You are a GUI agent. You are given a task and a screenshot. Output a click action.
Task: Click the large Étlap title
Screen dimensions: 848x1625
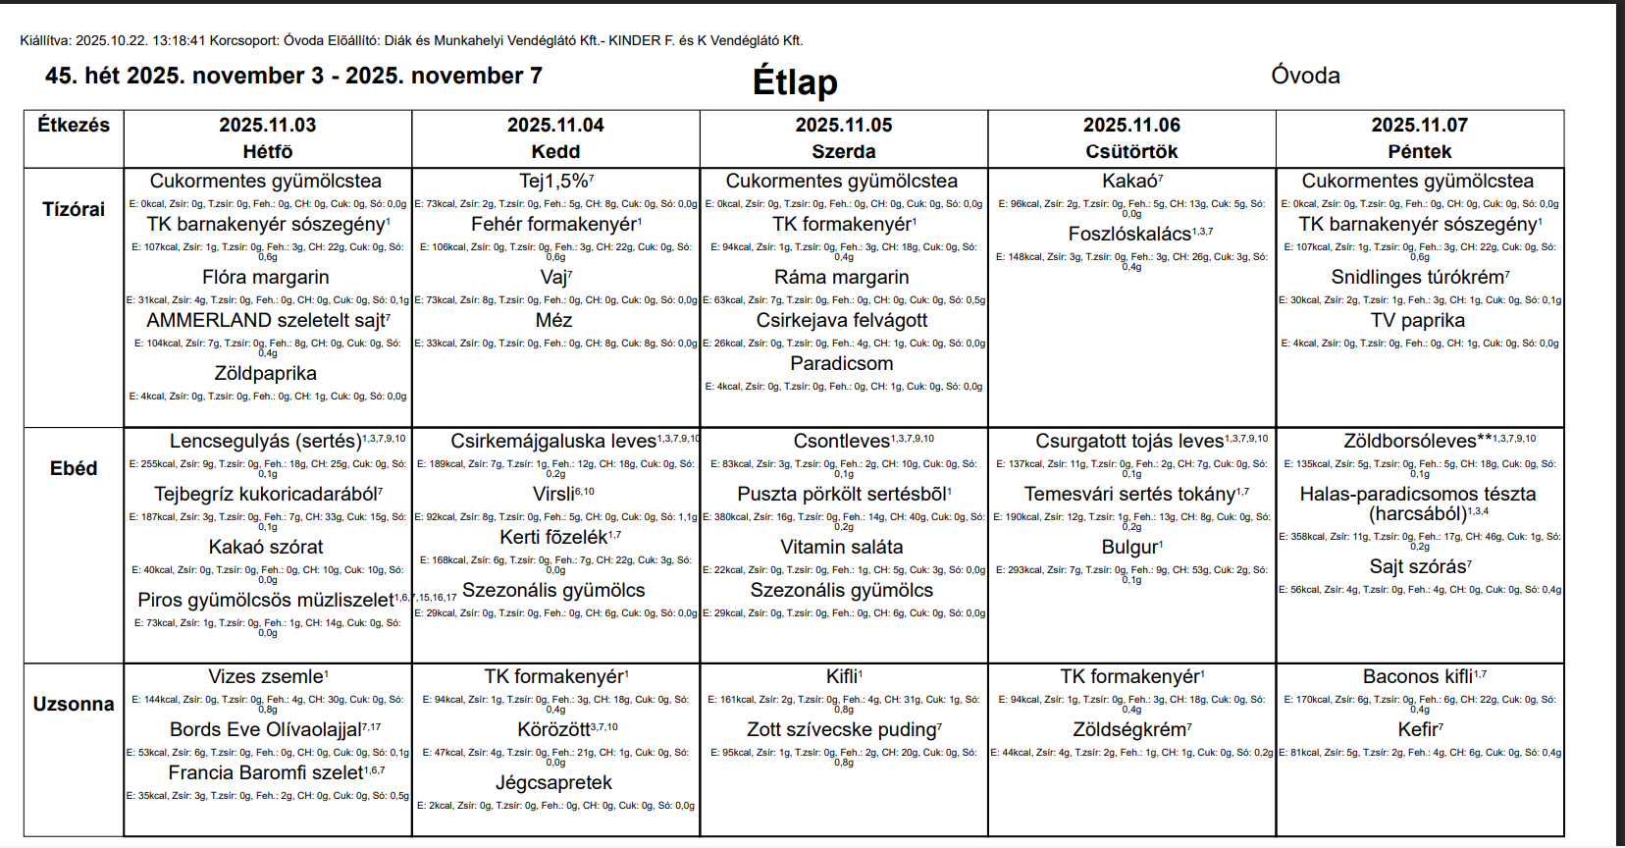[795, 81]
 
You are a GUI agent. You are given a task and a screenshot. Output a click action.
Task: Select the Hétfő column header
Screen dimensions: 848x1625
[268, 151]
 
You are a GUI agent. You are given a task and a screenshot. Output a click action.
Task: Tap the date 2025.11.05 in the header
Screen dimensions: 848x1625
[844, 125]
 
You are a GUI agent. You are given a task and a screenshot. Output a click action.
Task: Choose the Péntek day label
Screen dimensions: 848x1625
[1419, 151]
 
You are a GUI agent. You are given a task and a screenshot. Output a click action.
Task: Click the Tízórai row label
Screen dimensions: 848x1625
[74, 209]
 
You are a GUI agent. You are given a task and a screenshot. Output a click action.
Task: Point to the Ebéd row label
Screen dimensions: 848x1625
[74, 468]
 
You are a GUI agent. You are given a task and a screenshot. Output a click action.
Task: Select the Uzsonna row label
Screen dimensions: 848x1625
[74, 704]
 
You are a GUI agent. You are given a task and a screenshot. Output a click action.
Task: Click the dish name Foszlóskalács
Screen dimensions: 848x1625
[1129, 234]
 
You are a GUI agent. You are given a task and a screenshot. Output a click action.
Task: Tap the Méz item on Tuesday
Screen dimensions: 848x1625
[553, 320]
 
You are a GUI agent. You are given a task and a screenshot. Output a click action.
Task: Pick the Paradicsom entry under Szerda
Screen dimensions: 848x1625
[842, 363]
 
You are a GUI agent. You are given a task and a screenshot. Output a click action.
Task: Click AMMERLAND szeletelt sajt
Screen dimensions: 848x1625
[266, 320]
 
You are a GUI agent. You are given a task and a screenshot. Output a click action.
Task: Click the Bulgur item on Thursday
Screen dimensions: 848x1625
[1129, 547]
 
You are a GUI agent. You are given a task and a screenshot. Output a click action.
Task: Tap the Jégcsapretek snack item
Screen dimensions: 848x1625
[553, 782]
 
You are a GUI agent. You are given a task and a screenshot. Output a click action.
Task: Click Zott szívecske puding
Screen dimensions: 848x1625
[842, 729]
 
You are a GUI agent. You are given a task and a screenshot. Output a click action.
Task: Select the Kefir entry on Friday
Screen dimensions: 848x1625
[1418, 729]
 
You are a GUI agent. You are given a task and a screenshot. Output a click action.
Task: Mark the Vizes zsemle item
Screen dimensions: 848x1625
[266, 676]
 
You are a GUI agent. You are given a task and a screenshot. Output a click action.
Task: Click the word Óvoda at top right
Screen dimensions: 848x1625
[1305, 76]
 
